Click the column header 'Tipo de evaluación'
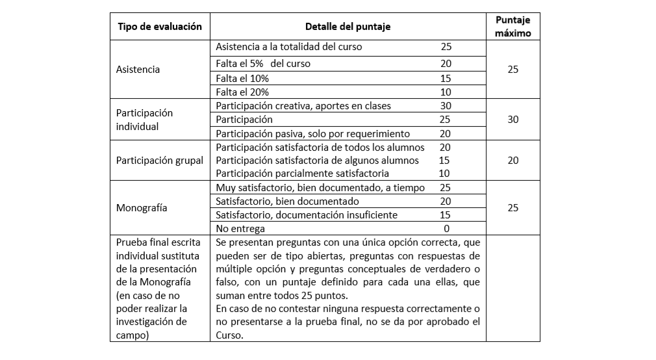(x=159, y=27)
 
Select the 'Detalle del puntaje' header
(x=348, y=27)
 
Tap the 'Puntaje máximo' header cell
(x=512, y=27)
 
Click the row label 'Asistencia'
(x=138, y=69)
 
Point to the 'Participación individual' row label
(x=144, y=120)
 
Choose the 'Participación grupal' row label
(x=159, y=160)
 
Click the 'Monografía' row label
(x=142, y=208)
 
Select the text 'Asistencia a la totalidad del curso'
(x=288, y=47)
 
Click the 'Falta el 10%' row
(x=242, y=78)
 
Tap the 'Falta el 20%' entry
(x=242, y=92)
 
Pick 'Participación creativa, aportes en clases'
(x=303, y=106)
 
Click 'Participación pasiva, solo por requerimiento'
(x=312, y=134)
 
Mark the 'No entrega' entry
(x=240, y=229)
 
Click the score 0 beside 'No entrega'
(x=446, y=229)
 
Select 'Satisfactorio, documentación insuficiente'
(x=307, y=215)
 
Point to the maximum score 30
(x=512, y=120)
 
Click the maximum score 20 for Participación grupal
(x=512, y=160)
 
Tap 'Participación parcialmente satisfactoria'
(x=302, y=174)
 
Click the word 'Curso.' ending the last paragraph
(x=229, y=335)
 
